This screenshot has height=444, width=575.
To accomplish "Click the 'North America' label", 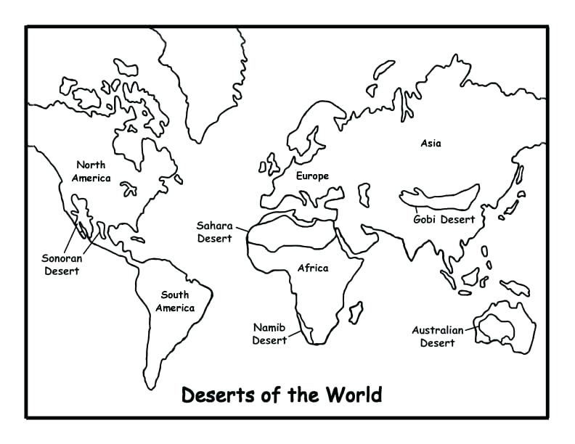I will [x=91, y=171].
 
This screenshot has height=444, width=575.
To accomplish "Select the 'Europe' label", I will [x=312, y=176].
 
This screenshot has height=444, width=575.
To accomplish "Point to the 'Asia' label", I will [x=431, y=143].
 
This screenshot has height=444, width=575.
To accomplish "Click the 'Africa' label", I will [x=313, y=268].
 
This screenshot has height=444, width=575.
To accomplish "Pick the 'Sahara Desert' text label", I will [x=215, y=231].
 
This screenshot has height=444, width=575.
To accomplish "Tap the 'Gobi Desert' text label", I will [x=444, y=219].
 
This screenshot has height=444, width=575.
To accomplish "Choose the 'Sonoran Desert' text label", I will [x=62, y=264].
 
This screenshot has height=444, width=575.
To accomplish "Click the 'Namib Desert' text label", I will [x=269, y=334].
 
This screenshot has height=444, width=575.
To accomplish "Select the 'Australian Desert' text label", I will [x=437, y=337].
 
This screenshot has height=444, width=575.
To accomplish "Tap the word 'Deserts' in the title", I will [x=211, y=395].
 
